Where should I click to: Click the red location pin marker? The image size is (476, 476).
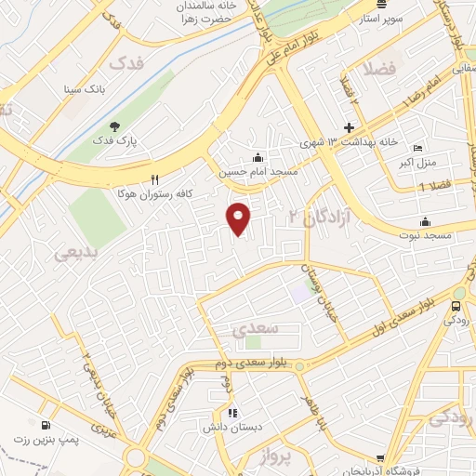click(239, 218)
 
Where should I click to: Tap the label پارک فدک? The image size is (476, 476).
click(146, 140)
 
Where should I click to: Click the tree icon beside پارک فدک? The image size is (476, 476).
click(114, 126)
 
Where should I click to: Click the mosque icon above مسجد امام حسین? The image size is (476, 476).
click(258, 157)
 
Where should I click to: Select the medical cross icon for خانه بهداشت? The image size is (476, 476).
click(350, 126)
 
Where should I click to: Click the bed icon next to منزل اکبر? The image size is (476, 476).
click(417, 149)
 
